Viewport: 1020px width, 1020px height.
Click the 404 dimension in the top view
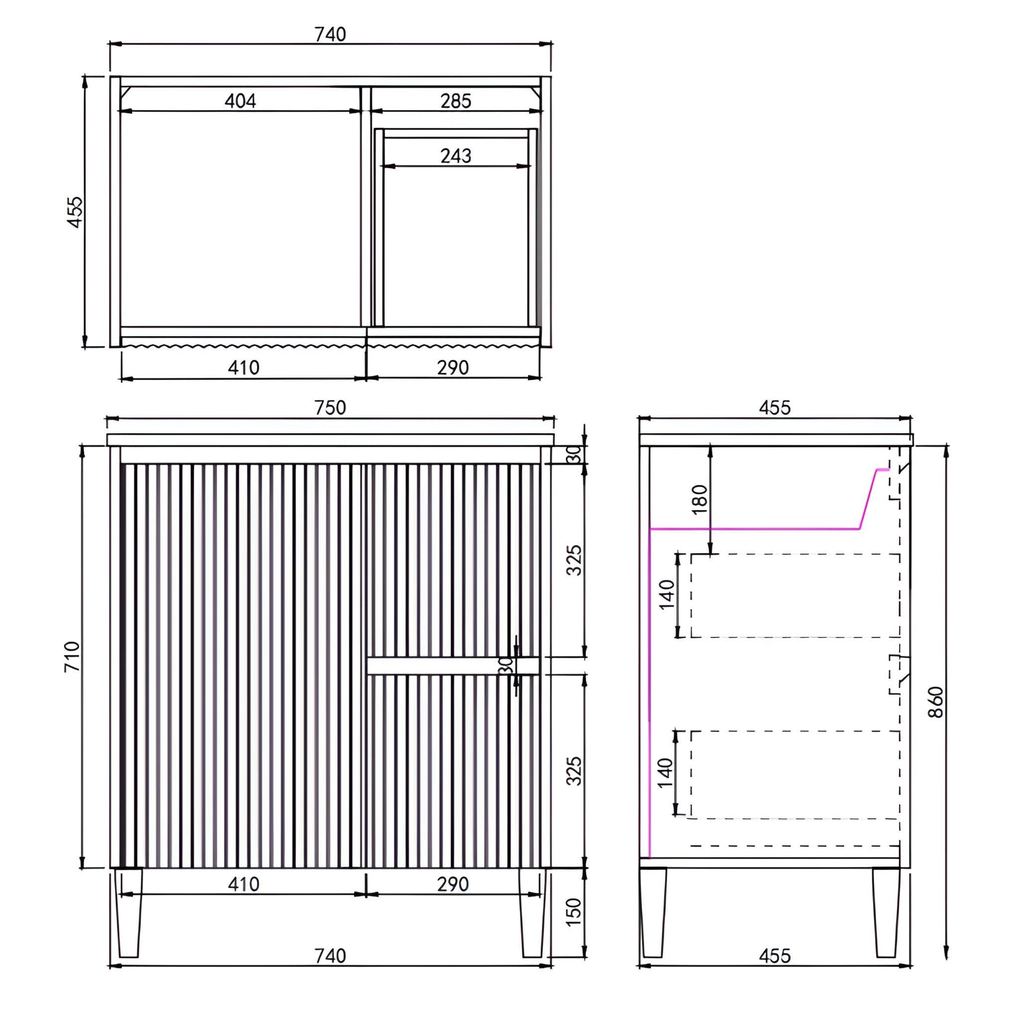(240, 100)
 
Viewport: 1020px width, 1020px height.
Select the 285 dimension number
(456, 100)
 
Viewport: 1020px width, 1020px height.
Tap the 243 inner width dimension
(456, 156)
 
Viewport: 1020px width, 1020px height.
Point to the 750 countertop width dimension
(330, 407)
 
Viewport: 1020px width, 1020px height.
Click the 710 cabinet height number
(72, 656)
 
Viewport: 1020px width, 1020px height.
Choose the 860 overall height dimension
(935, 702)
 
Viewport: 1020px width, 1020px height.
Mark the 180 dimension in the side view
(698, 500)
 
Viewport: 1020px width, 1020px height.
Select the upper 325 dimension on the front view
(573, 560)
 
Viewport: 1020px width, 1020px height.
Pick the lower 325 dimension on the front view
(573, 770)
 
